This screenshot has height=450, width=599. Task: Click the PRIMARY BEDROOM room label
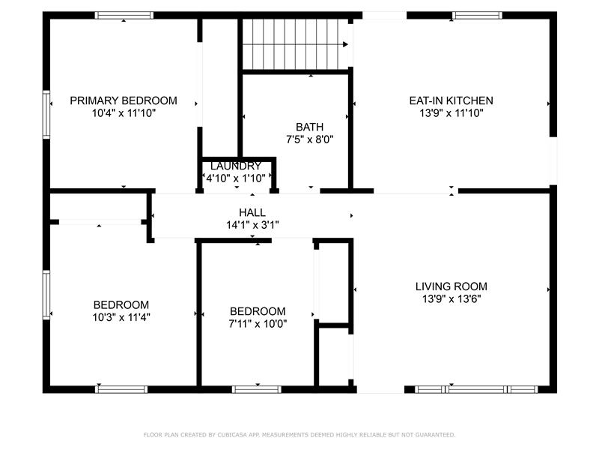[x=124, y=100]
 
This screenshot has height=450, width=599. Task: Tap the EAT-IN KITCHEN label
[x=451, y=100]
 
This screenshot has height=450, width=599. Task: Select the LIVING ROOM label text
[x=451, y=286]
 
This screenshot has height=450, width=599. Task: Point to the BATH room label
[x=309, y=127]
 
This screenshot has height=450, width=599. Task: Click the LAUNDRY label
[x=236, y=166]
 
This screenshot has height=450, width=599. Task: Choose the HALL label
[x=252, y=212]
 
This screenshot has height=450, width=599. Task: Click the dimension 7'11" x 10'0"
[x=258, y=324]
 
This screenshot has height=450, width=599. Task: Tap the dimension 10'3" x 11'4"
[x=121, y=317]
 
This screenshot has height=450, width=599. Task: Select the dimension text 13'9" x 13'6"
[x=451, y=298]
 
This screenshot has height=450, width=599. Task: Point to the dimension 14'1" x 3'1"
[x=252, y=225]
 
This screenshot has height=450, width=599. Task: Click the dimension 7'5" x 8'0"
[x=309, y=139]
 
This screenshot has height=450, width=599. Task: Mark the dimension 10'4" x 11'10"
[x=124, y=113]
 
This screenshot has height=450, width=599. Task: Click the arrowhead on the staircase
[x=345, y=44]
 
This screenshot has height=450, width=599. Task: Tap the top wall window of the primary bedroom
[x=124, y=15]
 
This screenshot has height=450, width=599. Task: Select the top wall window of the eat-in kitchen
[x=477, y=15]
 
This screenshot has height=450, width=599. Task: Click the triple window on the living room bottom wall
[x=476, y=389]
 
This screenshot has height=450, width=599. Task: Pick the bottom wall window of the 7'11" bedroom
[x=257, y=389]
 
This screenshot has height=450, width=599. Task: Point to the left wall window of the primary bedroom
[x=46, y=115]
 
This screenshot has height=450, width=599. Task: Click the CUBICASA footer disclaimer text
[x=299, y=435]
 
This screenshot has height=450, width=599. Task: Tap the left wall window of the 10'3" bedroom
[x=46, y=295]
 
